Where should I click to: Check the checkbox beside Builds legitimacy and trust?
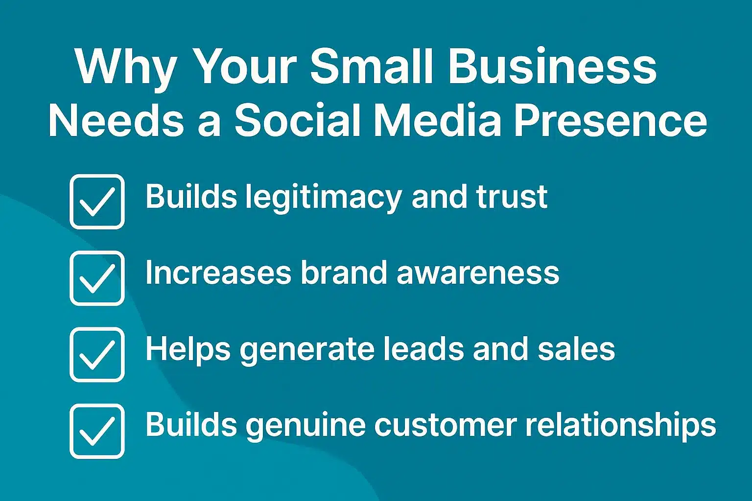point(97,202)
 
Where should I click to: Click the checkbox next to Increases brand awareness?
point(97,278)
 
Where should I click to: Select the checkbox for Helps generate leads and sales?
point(97,354)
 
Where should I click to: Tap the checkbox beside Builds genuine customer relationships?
point(97,431)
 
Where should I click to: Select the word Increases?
point(218,273)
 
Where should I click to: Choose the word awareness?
point(478,273)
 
